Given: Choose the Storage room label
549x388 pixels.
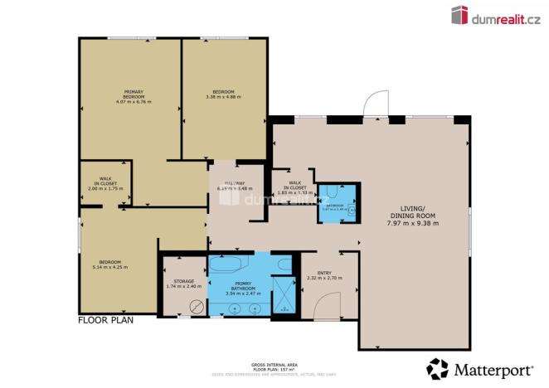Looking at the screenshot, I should click(x=180, y=284).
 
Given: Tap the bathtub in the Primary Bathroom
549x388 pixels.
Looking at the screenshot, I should click(x=226, y=267).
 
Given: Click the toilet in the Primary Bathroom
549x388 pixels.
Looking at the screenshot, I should click(x=284, y=264).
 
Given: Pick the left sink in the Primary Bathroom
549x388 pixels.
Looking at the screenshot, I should click(x=234, y=308).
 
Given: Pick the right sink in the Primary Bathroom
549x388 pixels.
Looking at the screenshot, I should click(x=255, y=308).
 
